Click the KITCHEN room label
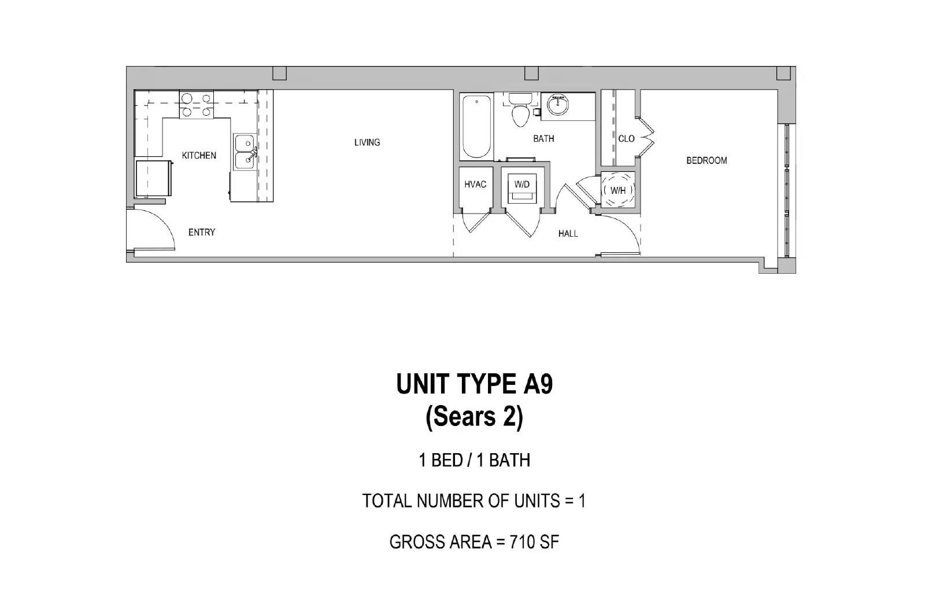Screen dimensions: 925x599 tap(199, 156)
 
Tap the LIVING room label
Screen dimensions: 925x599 tap(367, 142)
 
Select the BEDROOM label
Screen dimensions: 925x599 tap(706, 160)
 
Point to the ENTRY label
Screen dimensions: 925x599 tap(202, 232)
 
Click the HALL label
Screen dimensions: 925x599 tap(568, 234)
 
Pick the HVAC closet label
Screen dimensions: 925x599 tap(475, 185)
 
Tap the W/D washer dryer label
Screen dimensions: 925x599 tap(521, 184)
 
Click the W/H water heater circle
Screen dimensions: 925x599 tap(618, 190)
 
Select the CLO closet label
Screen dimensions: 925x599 tap(626, 139)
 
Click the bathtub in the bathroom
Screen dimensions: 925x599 tap(476, 127)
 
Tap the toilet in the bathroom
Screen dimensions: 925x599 tap(520, 110)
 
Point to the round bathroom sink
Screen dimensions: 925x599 tap(557, 105)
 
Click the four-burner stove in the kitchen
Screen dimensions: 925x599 tap(196, 105)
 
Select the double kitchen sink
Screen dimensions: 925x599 tap(245, 152)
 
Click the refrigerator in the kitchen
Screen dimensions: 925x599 tap(154, 179)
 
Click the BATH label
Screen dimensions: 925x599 tap(543, 139)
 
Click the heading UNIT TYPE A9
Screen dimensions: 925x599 tap(475, 384)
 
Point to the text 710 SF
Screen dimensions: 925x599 tap(534, 542)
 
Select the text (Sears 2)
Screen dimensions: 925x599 tap(475, 417)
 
